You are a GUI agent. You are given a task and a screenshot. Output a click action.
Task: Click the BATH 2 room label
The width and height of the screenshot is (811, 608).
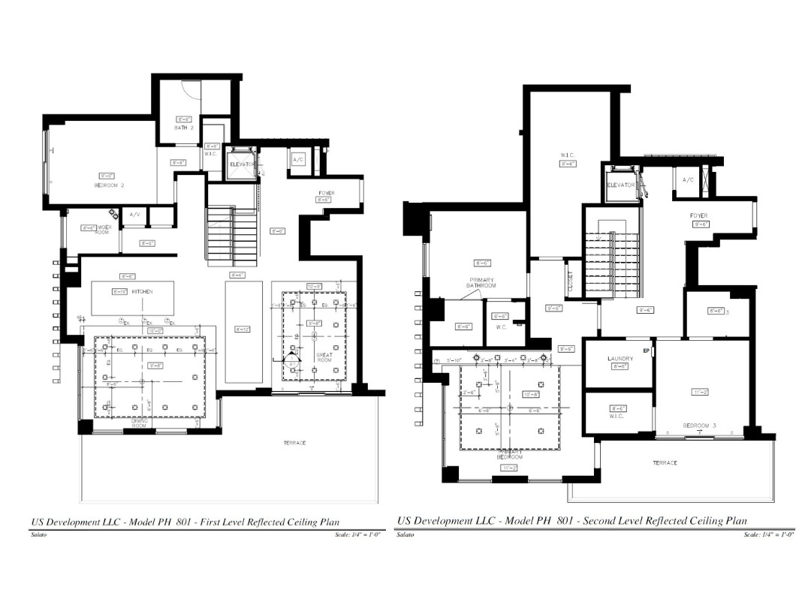(184, 128)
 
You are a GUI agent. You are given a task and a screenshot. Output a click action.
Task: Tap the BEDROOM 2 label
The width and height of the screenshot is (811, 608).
(109, 185)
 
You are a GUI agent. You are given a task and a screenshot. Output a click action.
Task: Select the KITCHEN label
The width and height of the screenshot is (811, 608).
(143, 291)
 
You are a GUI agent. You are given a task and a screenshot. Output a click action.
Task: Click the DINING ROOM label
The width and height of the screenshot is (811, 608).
(140, 423)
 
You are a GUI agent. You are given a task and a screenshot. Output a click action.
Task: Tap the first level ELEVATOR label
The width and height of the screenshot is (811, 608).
(243, 164)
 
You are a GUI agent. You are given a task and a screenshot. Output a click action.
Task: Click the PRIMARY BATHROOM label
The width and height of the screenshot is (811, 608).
(481, 283)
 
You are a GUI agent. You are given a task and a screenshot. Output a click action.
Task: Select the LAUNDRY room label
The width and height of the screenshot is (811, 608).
(620, 359)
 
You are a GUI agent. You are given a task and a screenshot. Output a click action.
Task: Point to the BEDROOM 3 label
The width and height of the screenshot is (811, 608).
(699, 426)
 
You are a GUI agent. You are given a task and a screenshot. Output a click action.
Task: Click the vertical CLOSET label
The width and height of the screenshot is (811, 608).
(570, 281)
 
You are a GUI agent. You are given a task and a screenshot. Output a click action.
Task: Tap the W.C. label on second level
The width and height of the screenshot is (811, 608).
(500, 327)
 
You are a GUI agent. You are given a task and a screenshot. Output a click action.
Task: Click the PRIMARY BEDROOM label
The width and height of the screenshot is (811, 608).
(509, 453)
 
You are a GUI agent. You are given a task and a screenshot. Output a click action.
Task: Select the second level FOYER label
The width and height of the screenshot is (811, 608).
(699, 215)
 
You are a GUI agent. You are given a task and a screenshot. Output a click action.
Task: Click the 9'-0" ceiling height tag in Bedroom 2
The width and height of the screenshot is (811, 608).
(107, 176)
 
